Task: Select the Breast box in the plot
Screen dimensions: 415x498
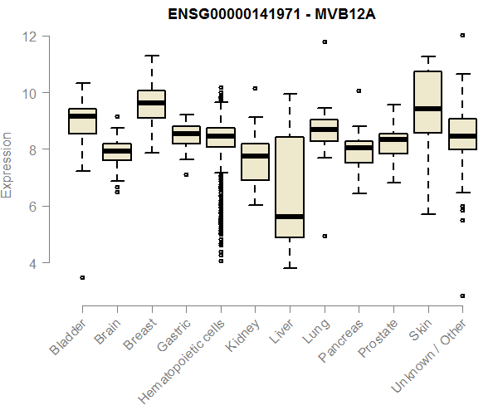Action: pyautogui.click(x=151, y=104)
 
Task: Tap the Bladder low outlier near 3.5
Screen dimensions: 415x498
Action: pyautogui.click(x=82, y=277)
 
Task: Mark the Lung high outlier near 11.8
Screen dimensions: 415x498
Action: pyautogui.click(x=324, y=41)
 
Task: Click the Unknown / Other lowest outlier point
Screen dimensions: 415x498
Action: pyautogui.click(x=462, y=295)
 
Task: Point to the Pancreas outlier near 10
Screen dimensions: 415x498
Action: pyautogui.click(x=359, y=90)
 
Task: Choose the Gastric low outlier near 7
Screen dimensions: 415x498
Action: pyautogui.click(x=186, y=174)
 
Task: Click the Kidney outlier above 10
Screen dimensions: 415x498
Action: pyautogui.click(x=255, y=88)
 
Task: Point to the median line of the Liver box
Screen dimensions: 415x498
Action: pyautogui.click(x=289, y=217)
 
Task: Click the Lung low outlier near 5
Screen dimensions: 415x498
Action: pyautogui.click(x=324, y=236)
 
